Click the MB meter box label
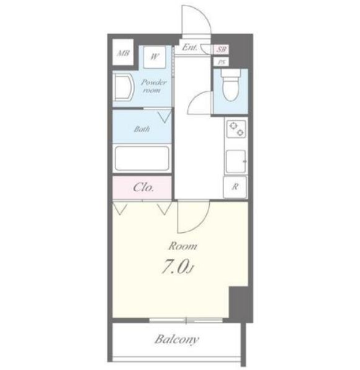[x=123, y=53]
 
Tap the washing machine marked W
[x=155, y=57]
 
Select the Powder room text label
[x=153, y=86]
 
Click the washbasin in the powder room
[x=124, y=87]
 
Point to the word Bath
[x=142, y=129]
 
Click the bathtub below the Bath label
[x=142, y=158]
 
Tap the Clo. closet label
[x=143, y=187]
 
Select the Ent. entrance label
[x=189, y=47]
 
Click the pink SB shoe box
[x=221, y=49]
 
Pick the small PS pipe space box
[x=221, y=62]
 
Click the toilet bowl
[x=230, y=85]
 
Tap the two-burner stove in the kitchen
[x=236, y=129]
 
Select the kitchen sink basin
[x=236, y=161]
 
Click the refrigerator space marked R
[x=235, y=187]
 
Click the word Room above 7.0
[x=182, y=246]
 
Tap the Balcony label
[x=177, y=340]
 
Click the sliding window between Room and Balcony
[x=186, y=320]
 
